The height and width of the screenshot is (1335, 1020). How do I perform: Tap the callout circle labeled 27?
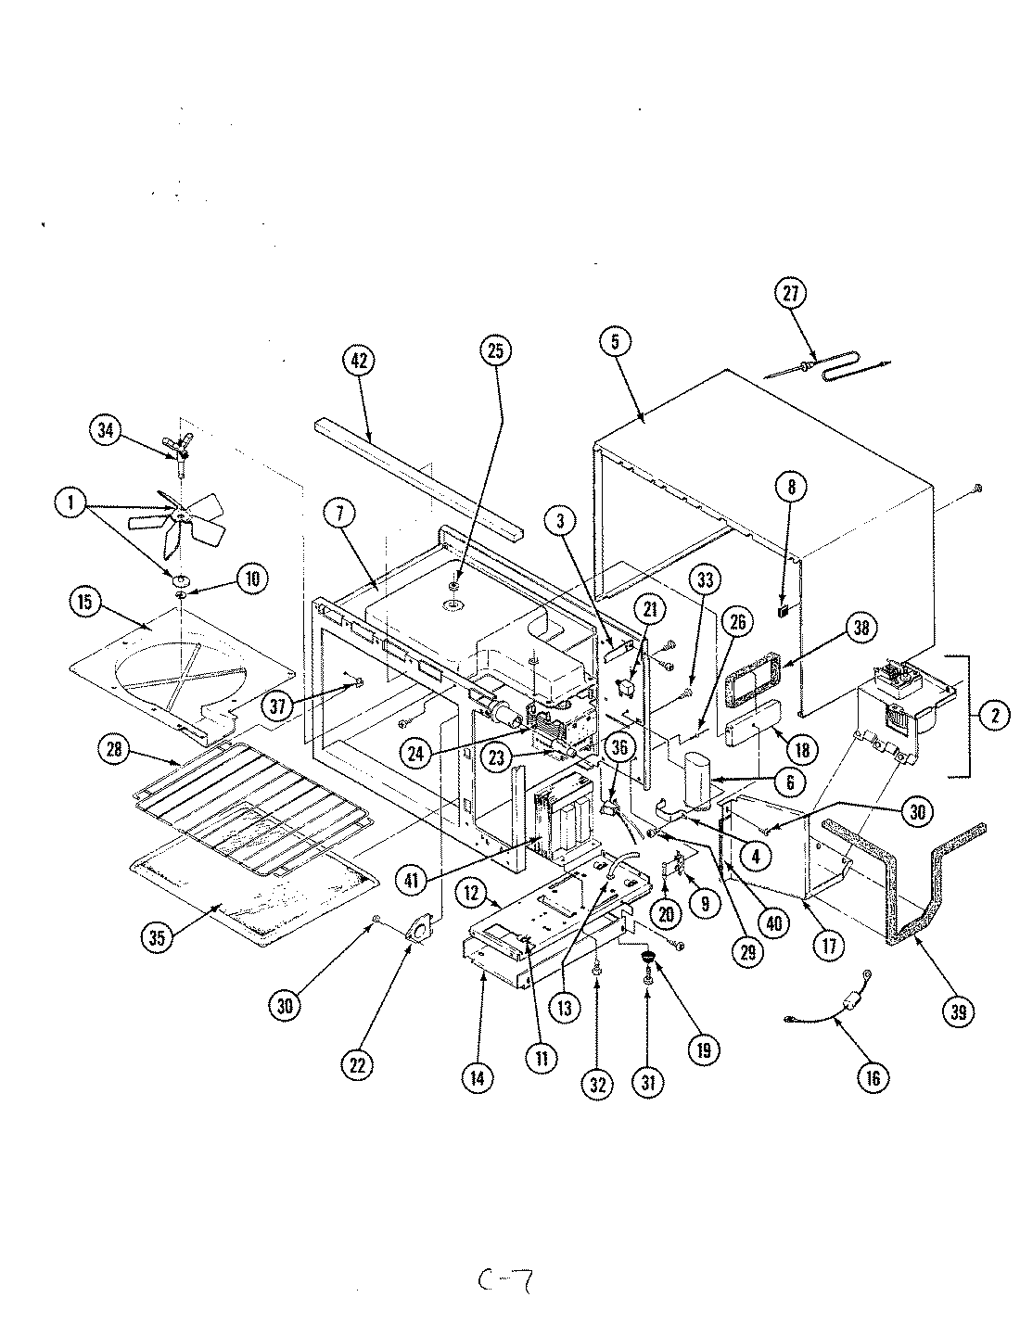(x=790, y=294)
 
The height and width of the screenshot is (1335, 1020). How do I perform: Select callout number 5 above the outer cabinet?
(x=615, y=341)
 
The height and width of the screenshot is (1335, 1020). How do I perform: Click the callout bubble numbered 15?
(x=86, y=601)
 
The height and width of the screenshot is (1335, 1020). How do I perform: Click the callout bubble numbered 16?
(x=874, y=1076)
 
